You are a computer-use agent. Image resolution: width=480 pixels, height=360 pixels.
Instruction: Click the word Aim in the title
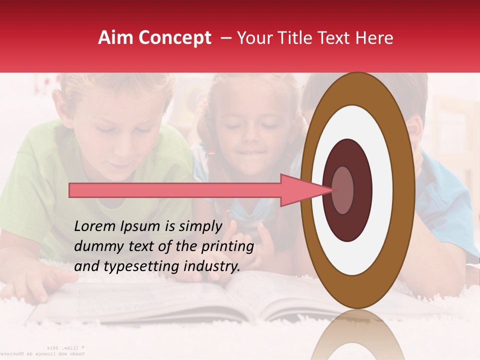pos(116,38)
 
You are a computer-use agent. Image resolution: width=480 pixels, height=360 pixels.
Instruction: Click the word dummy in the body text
pos(96,246)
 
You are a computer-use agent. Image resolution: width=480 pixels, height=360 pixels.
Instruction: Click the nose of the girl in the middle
pos(248,138)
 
